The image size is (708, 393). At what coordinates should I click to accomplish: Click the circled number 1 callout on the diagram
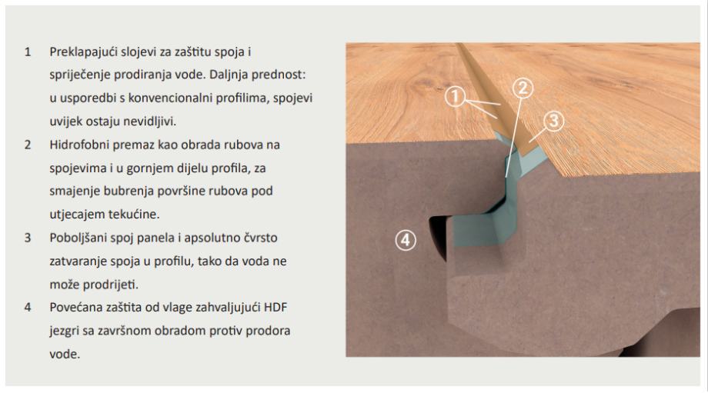pos(455,96)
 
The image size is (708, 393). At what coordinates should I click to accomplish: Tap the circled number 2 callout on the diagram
pos(523,88)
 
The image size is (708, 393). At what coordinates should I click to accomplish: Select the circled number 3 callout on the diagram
pos(553,121)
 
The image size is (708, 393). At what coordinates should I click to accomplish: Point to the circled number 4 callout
pos(406,240)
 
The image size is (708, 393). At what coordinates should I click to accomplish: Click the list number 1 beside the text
pos(28,52)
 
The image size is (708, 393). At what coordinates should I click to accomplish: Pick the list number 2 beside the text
pos(28,145)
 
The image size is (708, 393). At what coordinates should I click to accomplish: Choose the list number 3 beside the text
pos(28,238)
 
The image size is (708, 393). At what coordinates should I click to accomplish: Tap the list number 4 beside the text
pos(28,308)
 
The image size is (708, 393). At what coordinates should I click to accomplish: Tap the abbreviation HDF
pos(276,308)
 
